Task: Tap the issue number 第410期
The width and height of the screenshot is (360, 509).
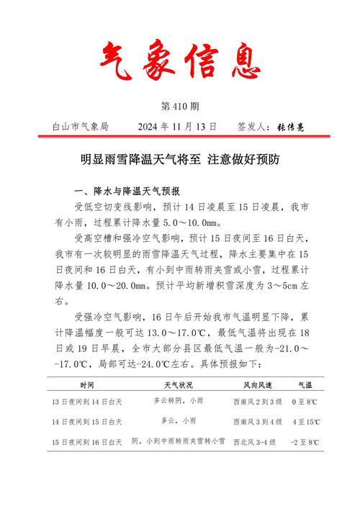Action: (x=180, y=107)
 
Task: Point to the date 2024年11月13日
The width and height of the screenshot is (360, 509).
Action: (x=176, y=126)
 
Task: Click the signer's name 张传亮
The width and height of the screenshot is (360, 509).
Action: (x=290, y=127)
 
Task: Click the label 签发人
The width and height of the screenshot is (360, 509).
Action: (x=253, y=126)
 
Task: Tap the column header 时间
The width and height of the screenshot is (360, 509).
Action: (x=87, y=386)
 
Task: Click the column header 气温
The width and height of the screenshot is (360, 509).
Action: (x=305, y=386)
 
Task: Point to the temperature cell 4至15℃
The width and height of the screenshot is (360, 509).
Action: (x=305, y=421)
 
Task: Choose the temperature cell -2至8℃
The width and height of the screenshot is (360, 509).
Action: (x=305, y=441)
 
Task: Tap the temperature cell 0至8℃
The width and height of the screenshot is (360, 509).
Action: (x=305, y=402)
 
